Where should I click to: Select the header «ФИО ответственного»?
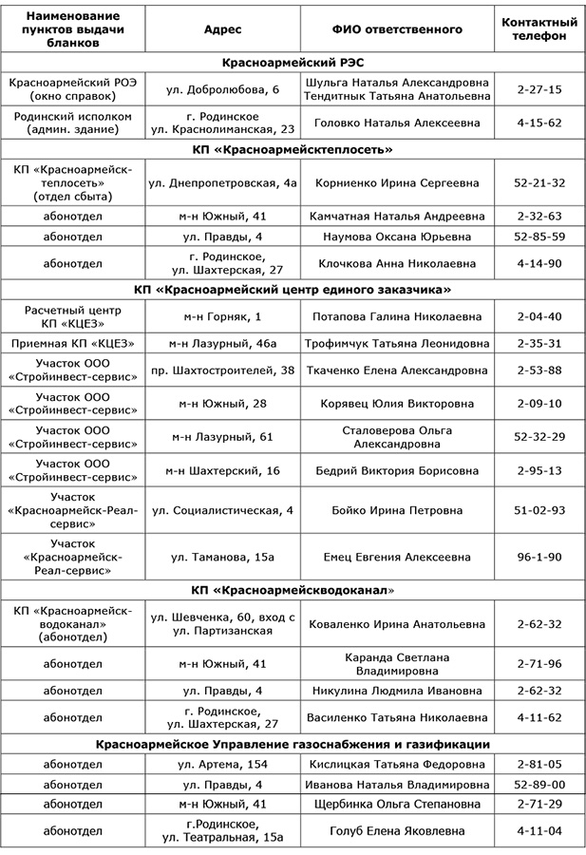(397, 28)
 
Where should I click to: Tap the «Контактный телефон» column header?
(539, 28)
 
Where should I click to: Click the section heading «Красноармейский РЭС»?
(293, 63)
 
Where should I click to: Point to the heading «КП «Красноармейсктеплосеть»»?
(293, 150)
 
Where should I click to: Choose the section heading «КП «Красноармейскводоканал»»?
(293, 590)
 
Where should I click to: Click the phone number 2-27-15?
(539, 89)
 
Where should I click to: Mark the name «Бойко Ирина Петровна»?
(397, 510)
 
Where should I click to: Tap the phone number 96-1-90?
(539, 556)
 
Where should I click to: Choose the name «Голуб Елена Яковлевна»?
(397, 830)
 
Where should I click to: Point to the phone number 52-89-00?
(539, 785)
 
